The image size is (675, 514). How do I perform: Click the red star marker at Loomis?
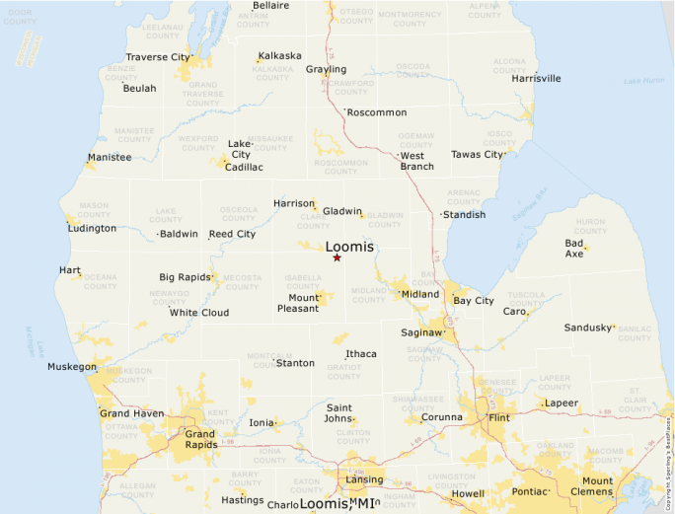pos(337,257)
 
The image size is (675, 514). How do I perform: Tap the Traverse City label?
pos(157,57)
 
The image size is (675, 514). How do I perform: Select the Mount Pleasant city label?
pos(303,303)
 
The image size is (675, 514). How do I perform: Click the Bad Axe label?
pos(573,248)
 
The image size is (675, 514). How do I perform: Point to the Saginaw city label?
pos(420,332)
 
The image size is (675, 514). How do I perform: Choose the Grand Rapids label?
pos(200,439)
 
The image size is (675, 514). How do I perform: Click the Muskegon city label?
pos(72,367)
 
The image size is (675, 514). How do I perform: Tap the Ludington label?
pos(92,228)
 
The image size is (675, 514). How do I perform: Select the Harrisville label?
pos(536,78)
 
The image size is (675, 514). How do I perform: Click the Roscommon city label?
pos(377,112)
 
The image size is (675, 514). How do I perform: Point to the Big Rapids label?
pos(185,277)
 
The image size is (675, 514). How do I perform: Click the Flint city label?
pos(499,417)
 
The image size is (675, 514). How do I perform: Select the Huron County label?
pos(590,226)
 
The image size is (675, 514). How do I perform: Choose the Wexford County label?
pos(198,143)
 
